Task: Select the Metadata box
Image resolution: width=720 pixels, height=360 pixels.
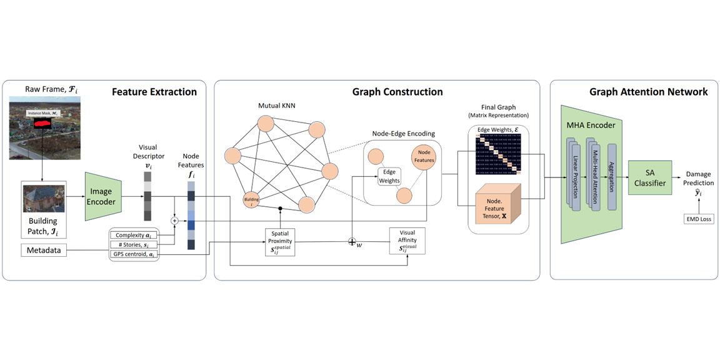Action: [x=44, y=251]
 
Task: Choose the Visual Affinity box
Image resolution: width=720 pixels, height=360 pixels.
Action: [x=407, y=241]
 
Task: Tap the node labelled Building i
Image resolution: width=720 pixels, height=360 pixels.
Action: [x=251, y=200]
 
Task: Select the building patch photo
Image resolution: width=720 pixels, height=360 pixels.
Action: [x=43, y=198]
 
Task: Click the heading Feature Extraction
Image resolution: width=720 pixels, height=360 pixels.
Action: [x=154, y=92]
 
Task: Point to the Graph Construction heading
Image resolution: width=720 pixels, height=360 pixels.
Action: [x=397, y=92]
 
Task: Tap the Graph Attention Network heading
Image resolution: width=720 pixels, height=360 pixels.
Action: [x=648, y=92]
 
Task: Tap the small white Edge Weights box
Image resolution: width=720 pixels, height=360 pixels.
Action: [x=388, y=176]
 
